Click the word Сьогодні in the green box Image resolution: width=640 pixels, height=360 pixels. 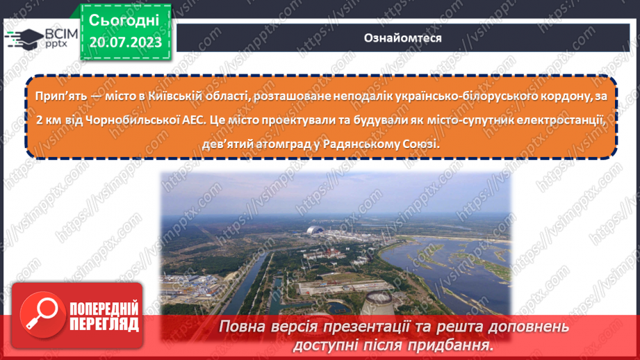(124, 20)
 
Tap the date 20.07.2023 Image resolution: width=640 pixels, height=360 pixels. (124, 42)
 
